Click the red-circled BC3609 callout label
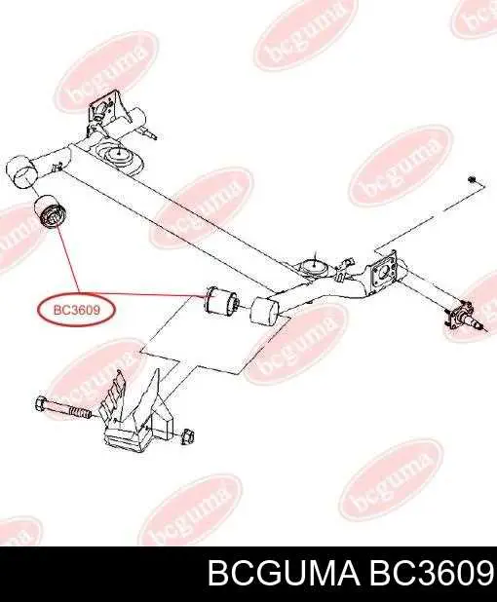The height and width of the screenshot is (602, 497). tap(76, 310)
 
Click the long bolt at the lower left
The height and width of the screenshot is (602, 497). tap(63, 408)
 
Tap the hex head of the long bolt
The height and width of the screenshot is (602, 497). tap(42, 404)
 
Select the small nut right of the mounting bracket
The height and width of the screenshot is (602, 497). tap(187, 435)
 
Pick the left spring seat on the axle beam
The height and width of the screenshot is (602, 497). tap(119, 157)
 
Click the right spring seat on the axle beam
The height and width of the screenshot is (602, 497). tap(313, 267)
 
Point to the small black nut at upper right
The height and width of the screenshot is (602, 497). tap(472, 179)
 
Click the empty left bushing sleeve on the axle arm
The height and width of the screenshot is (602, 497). tap(21, 170)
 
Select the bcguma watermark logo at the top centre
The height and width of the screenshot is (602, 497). tap(304, 33)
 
